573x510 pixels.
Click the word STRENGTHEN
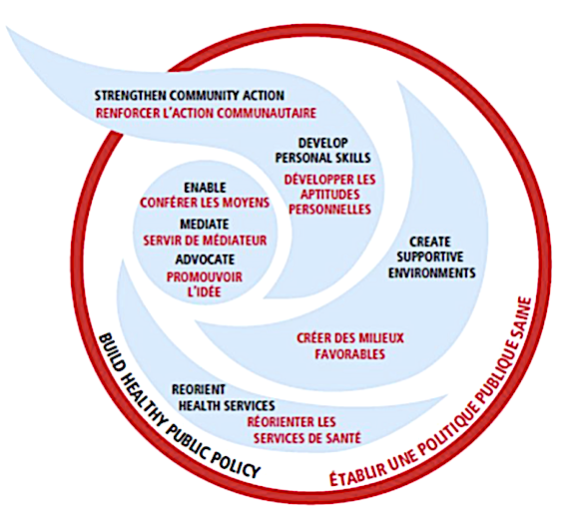tap(131, 96)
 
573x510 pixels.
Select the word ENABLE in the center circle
tap(205, 188)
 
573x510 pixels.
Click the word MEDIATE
tap(205, 224)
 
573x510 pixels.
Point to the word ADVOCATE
tap(205, 259)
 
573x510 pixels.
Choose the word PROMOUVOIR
tap(205, 277)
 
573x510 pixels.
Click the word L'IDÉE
tap(205, 291)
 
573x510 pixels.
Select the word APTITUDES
tap(330, 195)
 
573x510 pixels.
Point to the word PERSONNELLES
tap(330, 210)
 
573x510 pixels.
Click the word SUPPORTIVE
tap(430, 256)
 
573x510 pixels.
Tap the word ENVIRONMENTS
tap(431, 272)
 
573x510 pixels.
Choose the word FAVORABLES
tap(350, 354)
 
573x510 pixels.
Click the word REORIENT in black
tap(199, 390)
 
